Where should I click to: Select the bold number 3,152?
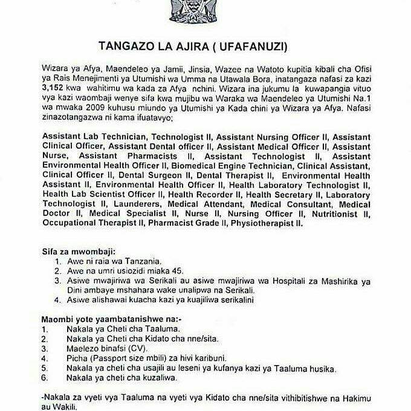click(53, 87)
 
